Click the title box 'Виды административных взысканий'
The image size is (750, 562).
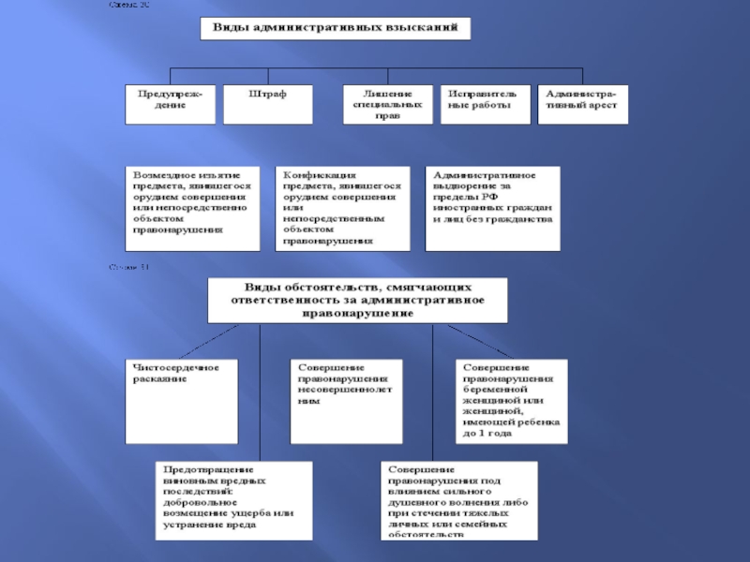pyautogui.click(x=335, y=29)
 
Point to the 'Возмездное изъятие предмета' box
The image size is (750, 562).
pyautogui.click(x=194, y=208)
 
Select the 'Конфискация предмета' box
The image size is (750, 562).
pyautogui.click(x=343, y=208)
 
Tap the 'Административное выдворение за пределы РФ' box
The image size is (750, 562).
pyautogui.click(x=492, y=208)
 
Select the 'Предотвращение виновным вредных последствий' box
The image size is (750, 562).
pyautogui.click(x=234, y=497)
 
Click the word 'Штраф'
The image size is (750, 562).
pyautogui.click(x=268, y=95)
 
